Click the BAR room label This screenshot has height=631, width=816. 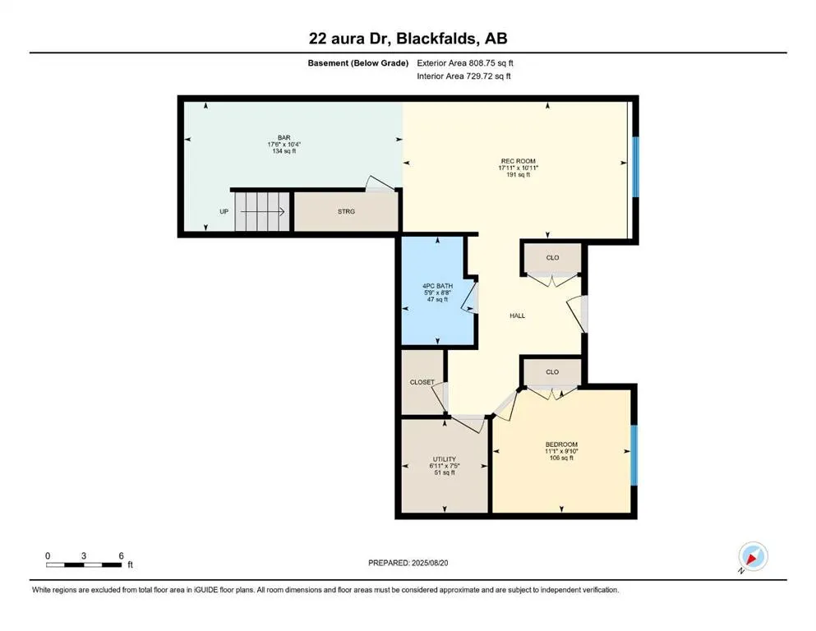(x=284, y=138)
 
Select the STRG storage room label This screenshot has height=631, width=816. (x=346, y=212)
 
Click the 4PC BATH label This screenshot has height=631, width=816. (x=437, y=286)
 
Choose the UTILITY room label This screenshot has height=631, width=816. (x=444, y=459)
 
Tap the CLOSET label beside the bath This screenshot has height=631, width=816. (x=422, y=382)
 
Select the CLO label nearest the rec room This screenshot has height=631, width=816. (x=552, y=258)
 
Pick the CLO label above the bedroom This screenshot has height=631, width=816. (x=552, y=372)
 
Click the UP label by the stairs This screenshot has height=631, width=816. (x=224, y=212)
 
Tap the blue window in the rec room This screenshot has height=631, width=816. (x=634, y=167)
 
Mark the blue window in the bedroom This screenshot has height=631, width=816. (x=633, y=454)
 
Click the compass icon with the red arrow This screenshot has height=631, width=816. (x=753, y=557)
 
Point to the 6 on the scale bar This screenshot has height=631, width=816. (x=121, y=555)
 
